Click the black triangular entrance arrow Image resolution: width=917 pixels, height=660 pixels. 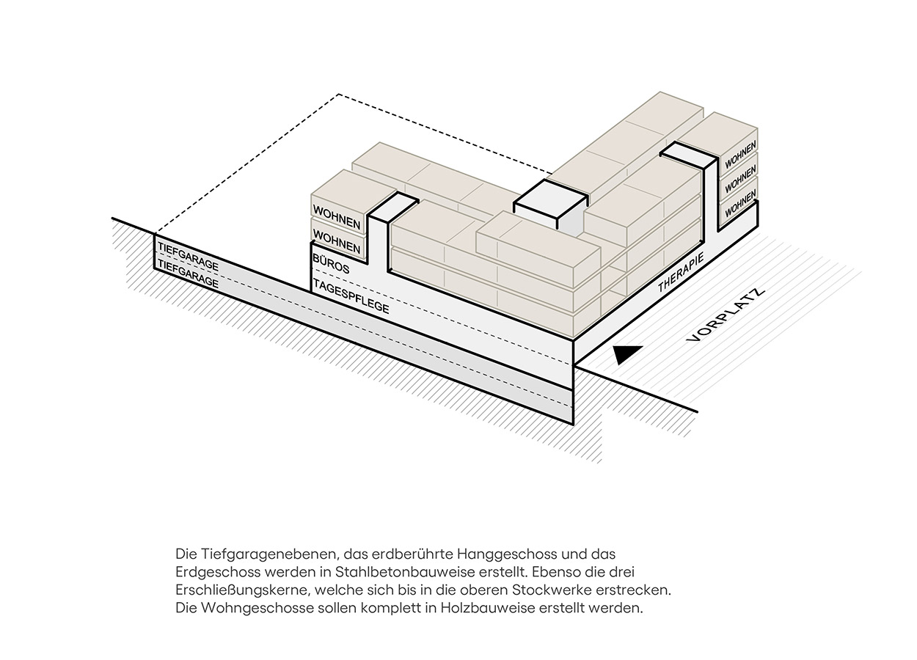[x=627, y=355]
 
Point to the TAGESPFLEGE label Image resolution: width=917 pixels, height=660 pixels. [x=351, y=296]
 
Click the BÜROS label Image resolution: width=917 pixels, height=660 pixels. [x=331, y=264]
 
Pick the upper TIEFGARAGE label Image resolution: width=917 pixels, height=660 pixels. [x=188, y=252]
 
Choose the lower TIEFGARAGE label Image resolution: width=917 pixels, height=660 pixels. [x=188, y=273]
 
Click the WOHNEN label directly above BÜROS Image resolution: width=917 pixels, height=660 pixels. [x=337, y=241]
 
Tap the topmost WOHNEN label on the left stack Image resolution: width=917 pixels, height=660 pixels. [x=337, y=218]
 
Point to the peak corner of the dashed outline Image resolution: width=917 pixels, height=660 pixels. [x=338, y=95]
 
